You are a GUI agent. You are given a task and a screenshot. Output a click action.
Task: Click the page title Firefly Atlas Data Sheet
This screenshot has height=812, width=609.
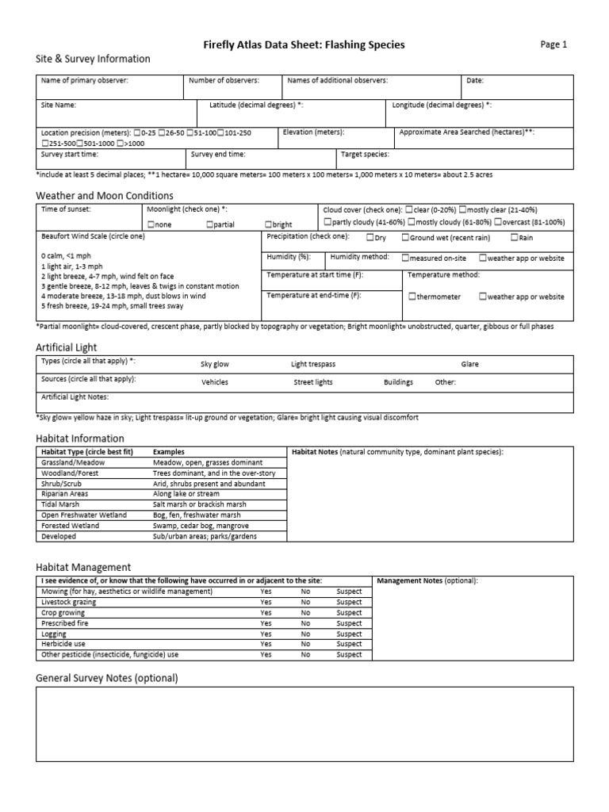(x=304, y=45)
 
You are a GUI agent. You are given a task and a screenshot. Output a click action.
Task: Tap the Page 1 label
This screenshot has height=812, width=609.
(x=553, y=45)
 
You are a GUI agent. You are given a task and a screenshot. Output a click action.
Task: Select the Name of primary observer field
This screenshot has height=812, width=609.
(x=84, y=81)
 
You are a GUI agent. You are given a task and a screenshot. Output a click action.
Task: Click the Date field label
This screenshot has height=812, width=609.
(x=475, y=81)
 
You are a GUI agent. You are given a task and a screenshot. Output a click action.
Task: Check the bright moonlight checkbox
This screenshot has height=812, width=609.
(x=268, y=224)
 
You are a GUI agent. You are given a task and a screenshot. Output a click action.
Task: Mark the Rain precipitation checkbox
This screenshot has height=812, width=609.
(x=515, y=237)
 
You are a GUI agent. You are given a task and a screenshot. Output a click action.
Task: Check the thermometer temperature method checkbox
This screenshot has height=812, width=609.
(x=412, y=297)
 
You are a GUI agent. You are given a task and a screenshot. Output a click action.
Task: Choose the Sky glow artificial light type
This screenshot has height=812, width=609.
(x=215, y=364)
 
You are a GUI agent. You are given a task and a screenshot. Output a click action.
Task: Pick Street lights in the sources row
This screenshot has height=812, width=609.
(x=313, y=381)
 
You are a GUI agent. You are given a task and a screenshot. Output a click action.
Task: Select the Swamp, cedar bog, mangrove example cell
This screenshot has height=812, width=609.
(x=201, y=526)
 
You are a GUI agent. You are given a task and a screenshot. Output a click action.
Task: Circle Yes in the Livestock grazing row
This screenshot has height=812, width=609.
(x=266, y=602)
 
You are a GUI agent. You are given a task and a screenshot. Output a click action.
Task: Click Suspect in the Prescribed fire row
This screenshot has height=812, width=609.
(x=349, y=623)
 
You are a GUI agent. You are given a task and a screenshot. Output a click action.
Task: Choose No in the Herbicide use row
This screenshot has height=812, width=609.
(x=305, y=644)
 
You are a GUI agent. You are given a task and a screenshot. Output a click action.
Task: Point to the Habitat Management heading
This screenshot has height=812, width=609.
(x=83, y=566)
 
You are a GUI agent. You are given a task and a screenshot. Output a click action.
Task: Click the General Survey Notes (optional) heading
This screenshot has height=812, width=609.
(x=107, y=678)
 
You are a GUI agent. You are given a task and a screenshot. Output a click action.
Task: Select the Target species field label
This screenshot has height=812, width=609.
(x=365, y=155)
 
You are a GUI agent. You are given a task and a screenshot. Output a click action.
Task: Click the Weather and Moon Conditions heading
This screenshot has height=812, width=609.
(x=105, y=195)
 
